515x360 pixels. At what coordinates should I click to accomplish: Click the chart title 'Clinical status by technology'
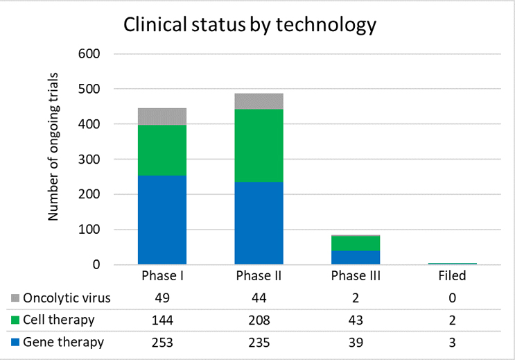click(x=250, y=25)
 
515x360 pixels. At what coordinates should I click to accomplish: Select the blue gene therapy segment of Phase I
click(x=162, y=220)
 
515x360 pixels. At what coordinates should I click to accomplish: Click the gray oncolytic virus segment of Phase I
click(x=162, y=117)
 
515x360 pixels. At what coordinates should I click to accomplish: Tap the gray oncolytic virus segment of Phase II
click(x=259, y=101)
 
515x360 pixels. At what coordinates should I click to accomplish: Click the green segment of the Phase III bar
click(x=355, y=243)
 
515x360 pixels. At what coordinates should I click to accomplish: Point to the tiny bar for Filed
click(x=452, y=264)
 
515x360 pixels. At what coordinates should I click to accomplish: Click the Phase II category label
click(x=259, y=275)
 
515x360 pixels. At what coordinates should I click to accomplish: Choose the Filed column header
click(x=452, y=275)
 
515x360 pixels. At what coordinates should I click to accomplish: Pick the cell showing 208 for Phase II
click(x=259, y=320)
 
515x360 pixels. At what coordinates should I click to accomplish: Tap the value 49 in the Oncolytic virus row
click(x=162, y=299)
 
